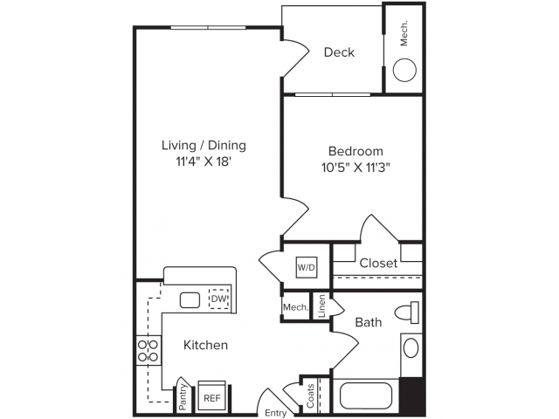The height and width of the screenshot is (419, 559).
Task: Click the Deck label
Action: (339, 52)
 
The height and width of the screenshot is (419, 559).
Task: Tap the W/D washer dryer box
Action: (307, 267)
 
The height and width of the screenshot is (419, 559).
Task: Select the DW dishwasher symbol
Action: (219, 299)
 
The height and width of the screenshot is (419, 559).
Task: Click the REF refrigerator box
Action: (211, 395)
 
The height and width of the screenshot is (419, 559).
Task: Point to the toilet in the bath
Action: (407, 313)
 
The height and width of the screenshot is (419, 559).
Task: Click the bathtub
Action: (366, 395)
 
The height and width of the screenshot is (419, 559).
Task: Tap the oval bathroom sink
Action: (411, 347)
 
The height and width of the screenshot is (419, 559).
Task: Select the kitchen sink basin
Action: (190, 300)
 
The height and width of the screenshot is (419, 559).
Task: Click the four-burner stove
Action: (148, 351)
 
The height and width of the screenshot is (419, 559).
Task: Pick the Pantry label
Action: (183, 396)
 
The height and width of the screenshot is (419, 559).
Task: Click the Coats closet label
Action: (311, 395)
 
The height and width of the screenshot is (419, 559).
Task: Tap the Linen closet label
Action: (321, 306)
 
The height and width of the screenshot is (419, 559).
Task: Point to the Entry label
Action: (276, 413)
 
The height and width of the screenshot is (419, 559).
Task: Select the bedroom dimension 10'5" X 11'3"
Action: (355, 167)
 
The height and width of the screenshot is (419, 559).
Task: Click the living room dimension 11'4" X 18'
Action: (204, 161)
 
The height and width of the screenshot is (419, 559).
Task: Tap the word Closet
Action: (378, 263)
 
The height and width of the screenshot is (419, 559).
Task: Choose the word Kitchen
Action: (205, 345)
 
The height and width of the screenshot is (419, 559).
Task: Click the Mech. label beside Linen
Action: (295, 307)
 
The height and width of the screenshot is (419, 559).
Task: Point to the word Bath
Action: (369, 322)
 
